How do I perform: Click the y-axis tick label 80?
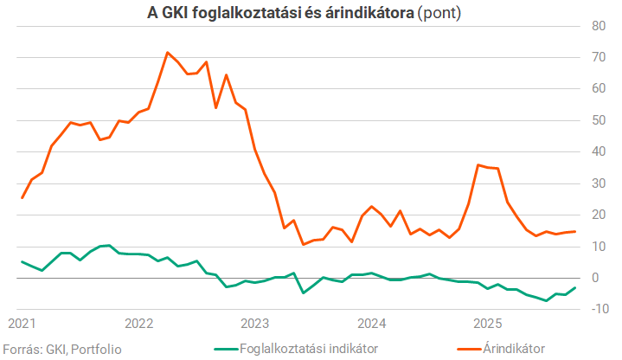(x=598, y=26)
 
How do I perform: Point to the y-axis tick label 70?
(x=598, y=57)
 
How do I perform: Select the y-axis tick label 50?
(x=598, y=120)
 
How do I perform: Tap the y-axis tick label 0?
(x=594, y=278)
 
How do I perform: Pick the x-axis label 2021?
(x=22, y=325)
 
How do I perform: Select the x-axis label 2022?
(x=139, y=325)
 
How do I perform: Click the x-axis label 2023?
(x=255, y=325)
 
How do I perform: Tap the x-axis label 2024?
(x=372, y=325)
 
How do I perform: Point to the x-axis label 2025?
(x=488, y=325)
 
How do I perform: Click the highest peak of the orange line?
(x=167, y=52)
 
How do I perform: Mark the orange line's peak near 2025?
(x=478, y=164)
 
